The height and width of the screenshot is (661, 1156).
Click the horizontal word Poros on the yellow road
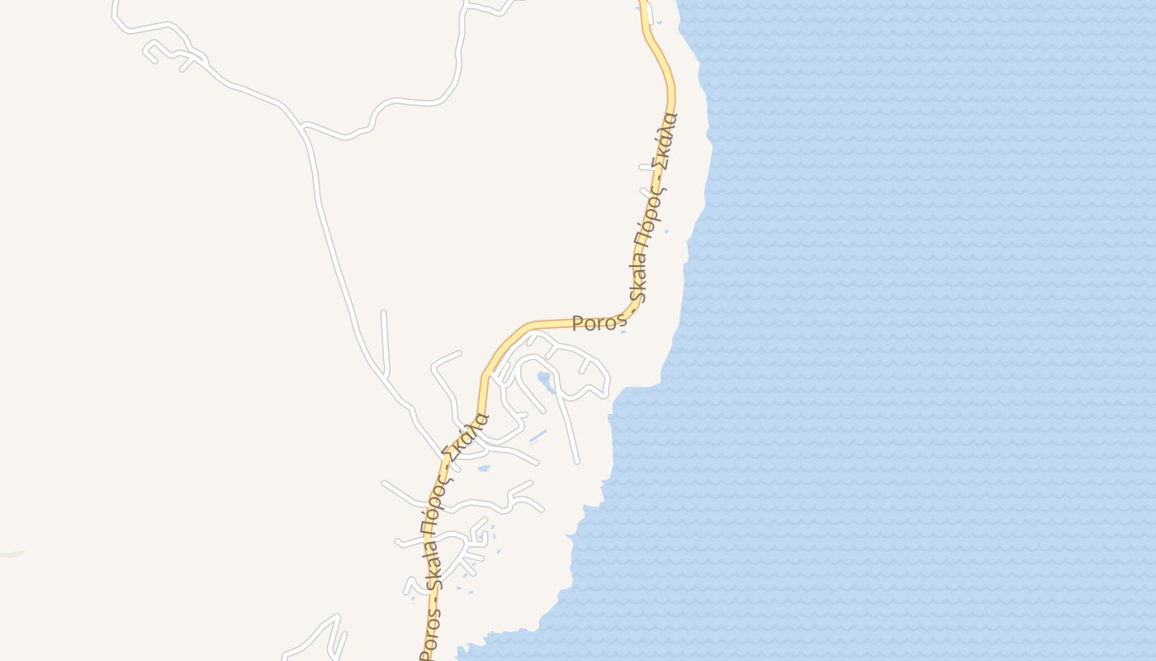595,323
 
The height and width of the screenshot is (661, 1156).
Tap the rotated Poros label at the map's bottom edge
429,636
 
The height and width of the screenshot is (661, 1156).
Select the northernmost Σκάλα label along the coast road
666,138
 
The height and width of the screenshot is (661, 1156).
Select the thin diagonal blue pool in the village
538,435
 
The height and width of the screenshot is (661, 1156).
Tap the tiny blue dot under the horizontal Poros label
623,332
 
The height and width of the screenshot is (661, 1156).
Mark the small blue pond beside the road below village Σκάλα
484,468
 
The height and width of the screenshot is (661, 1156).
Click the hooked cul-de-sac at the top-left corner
150,53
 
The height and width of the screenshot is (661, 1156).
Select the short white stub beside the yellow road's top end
651,15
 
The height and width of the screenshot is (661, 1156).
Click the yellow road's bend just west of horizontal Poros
528,326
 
